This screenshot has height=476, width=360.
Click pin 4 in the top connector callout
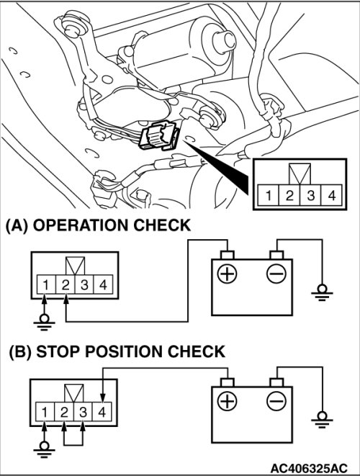click(332, 195)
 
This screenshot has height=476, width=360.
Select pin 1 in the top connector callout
click(268, 195)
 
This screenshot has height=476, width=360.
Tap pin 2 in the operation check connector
click(66, 284)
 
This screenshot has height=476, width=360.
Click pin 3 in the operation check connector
click(84, 284)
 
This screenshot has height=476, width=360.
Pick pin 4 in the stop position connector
click(102, 412)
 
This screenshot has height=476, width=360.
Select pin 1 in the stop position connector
click(45, 412)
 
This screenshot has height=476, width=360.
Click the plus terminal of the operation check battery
click(227, 274)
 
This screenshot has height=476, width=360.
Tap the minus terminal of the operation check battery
click(276, 274)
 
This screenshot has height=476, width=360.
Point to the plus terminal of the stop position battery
click(227, 401)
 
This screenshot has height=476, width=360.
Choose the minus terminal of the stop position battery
click(276, 401)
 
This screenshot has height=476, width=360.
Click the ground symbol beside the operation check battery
click(322, 292)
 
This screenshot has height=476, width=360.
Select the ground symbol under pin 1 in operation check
click(45, 323)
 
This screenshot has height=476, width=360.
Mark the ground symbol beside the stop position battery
click(322, 419)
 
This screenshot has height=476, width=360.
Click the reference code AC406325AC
click(309, 467)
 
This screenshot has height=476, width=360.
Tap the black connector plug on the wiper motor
click(158, 135)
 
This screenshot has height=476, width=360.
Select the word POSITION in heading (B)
click(124, 351)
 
